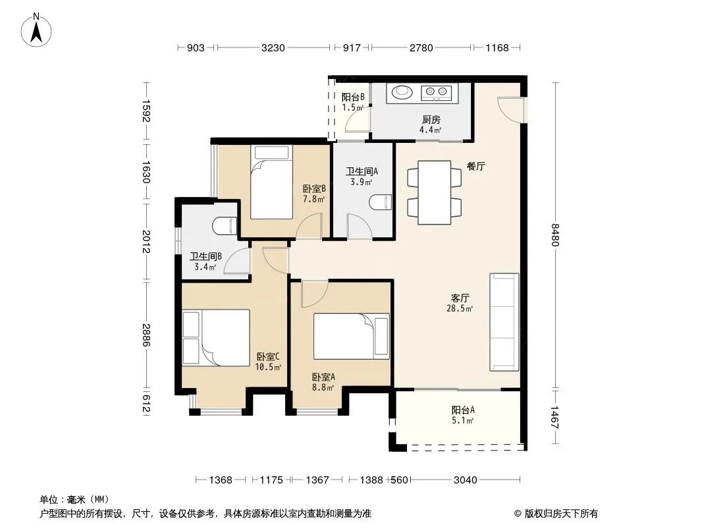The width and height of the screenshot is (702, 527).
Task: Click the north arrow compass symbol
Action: [x=36, y=30]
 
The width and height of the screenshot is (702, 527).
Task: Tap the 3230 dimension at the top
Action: [x=273, y=48]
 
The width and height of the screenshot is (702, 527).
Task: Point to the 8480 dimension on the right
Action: [x=555, y=235]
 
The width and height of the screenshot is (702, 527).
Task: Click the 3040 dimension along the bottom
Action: [x=465, y=480]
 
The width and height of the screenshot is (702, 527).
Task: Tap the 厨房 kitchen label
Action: [x=431, y=119]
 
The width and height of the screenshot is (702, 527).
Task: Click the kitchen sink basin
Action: [x=402, y=92]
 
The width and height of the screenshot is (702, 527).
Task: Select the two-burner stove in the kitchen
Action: [x=436, y=92]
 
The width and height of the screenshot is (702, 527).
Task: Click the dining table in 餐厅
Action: [x=434, y=192]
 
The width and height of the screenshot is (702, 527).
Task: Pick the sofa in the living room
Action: [x=504, y=322]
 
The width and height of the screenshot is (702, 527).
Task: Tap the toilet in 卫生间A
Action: [x=380, y=202]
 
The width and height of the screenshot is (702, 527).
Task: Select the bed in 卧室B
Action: [x=271, y=182]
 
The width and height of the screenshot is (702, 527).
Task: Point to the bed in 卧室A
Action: [x=352, y=336]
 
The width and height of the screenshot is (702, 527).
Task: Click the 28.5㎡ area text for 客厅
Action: [x=460, y=308]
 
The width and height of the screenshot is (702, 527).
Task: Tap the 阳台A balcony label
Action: [x=463, y=410]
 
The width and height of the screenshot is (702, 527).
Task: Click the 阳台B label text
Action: [x=353, y=97]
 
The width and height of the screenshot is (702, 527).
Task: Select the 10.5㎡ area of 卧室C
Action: [x=268, y=368]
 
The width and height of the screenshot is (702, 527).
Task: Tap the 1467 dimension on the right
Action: [x=555, y=417]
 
